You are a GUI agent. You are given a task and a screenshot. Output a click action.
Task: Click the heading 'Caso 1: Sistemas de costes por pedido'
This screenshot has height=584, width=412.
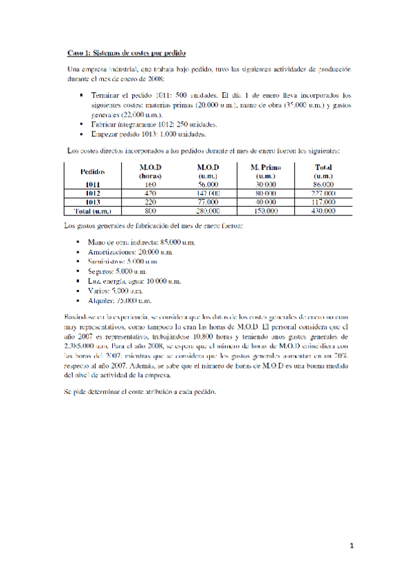point(127,52)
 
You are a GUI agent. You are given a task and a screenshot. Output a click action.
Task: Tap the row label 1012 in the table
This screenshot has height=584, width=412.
point(93,194)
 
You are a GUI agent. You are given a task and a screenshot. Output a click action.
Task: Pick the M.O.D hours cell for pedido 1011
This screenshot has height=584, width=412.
point(150,185)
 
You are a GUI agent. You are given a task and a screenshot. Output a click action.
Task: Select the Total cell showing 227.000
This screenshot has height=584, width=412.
point(323,194)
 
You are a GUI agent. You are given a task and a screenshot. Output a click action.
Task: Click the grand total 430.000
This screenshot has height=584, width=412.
point(323,211)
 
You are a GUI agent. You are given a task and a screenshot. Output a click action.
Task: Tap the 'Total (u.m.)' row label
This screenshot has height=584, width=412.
point(93,211)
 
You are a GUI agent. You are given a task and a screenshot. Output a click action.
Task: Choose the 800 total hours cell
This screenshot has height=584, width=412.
point(150,211)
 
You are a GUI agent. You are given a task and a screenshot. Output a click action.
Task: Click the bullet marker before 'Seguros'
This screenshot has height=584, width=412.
point(81,272)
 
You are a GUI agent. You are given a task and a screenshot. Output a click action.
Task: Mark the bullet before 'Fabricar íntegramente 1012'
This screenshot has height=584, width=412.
point(81,125)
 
